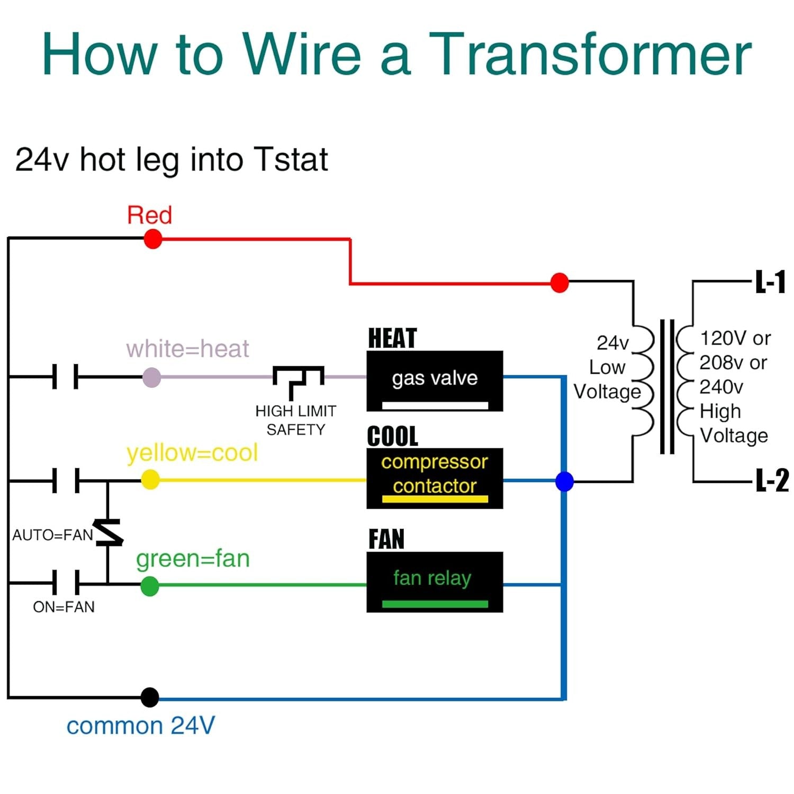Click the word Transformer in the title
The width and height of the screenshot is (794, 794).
click(590, 54)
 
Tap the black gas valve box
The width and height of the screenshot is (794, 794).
click(435, 381)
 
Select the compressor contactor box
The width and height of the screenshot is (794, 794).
click(435, 478)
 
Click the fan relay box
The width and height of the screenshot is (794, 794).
click(435, 582)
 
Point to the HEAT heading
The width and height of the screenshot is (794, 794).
click(392, 338)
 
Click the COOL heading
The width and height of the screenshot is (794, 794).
click(392, 436)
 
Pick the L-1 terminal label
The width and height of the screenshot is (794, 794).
click(770, 282)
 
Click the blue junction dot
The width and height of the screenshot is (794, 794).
click(564, 481)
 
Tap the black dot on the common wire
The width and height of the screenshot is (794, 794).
click(150, 697)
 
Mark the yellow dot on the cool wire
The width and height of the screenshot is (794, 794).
click(150, 480)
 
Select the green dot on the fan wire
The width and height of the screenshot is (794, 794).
click(150, 586)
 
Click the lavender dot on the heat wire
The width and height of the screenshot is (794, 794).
click(152, 377)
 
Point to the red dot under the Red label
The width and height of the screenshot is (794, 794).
click(153, 239)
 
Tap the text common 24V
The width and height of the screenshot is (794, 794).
click(140, 726)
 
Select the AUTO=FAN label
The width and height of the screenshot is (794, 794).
click(52, 535)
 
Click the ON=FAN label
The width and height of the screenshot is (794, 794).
click(64, 607)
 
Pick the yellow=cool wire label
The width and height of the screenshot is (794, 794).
click(192, 453)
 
